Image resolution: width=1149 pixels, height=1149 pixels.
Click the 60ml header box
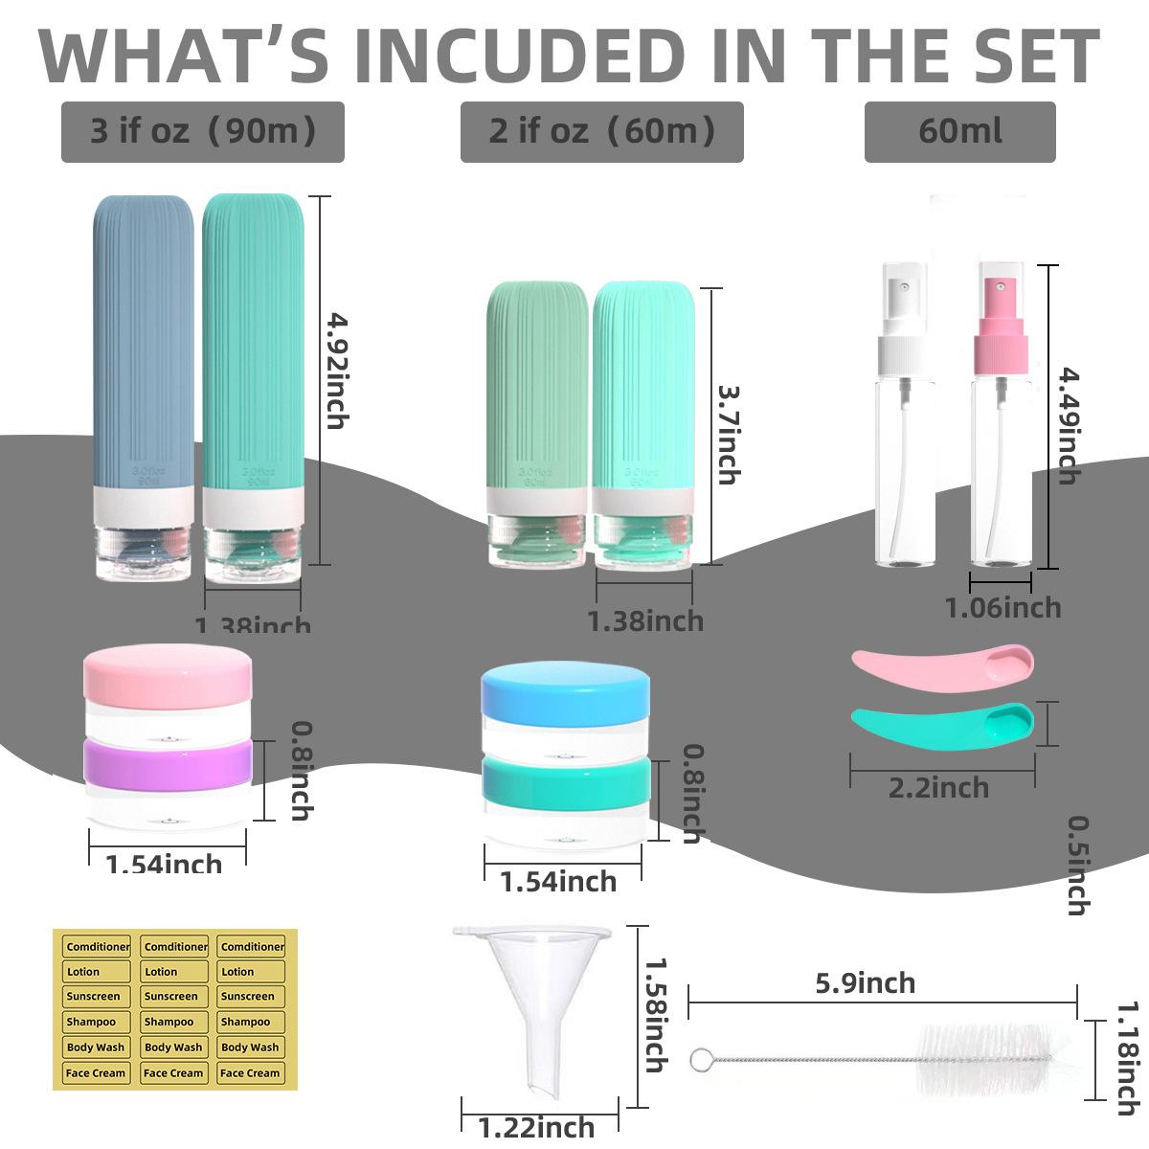tap(959, 131)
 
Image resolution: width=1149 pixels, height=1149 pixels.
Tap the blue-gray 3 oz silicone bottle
tap(144, 383)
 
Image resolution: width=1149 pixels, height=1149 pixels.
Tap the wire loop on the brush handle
tap(700, 1059)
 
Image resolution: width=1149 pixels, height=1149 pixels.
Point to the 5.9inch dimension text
tap(865, 982)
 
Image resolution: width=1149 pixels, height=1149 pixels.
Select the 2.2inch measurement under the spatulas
tap(938, 788)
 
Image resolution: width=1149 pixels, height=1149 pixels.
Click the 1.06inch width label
tap(1003, 607)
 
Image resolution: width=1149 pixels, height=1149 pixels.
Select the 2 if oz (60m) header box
tap(601, 131)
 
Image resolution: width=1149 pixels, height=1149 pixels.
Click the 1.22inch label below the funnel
tap(536, 1128)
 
